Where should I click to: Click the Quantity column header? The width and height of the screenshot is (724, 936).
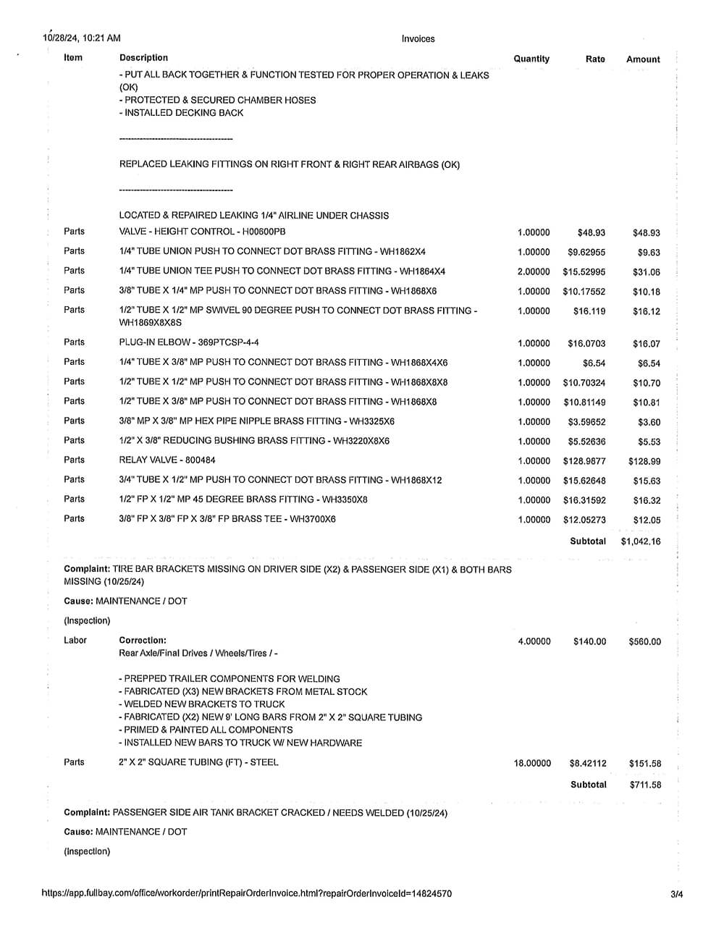point(531,59)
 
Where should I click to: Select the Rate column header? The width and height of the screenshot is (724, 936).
point(595,59)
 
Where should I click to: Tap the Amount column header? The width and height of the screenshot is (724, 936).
point(643,59)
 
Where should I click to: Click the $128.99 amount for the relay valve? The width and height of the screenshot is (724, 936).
point(644,461)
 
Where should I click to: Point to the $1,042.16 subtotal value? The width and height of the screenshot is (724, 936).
point(641,541)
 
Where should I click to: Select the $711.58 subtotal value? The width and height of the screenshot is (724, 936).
point(645,785)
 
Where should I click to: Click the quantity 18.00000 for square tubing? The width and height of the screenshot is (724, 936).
point(532,763)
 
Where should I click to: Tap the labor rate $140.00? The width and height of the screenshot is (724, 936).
point(589,641)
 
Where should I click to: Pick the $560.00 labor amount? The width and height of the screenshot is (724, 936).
point(644,641)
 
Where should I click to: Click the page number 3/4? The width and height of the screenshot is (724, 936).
point(677,894)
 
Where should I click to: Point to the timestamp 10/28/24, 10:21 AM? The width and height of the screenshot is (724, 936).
point(82,38)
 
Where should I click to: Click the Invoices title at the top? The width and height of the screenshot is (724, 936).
point(418,39)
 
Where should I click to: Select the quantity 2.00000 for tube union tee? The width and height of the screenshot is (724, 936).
point(534,272)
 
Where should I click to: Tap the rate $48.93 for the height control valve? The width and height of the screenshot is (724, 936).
point(591,233)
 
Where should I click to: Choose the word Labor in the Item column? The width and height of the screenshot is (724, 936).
point(75,640)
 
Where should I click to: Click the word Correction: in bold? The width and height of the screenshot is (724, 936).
point(143,640)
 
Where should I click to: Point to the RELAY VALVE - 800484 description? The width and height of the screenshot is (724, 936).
point(167,460)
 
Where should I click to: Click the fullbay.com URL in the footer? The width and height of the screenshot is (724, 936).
point(247,893)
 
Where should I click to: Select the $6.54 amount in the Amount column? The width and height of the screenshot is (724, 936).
point(649,363)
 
